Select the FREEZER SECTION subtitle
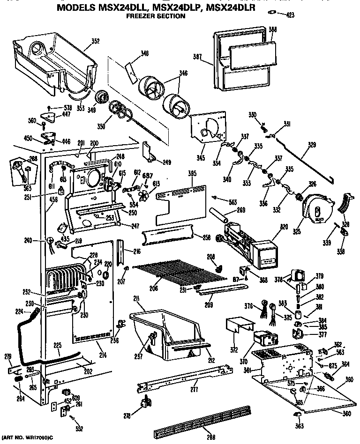coord(156,16)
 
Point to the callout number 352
coord(95,41)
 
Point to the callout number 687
coord(148,175)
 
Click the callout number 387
coord(197,58)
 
